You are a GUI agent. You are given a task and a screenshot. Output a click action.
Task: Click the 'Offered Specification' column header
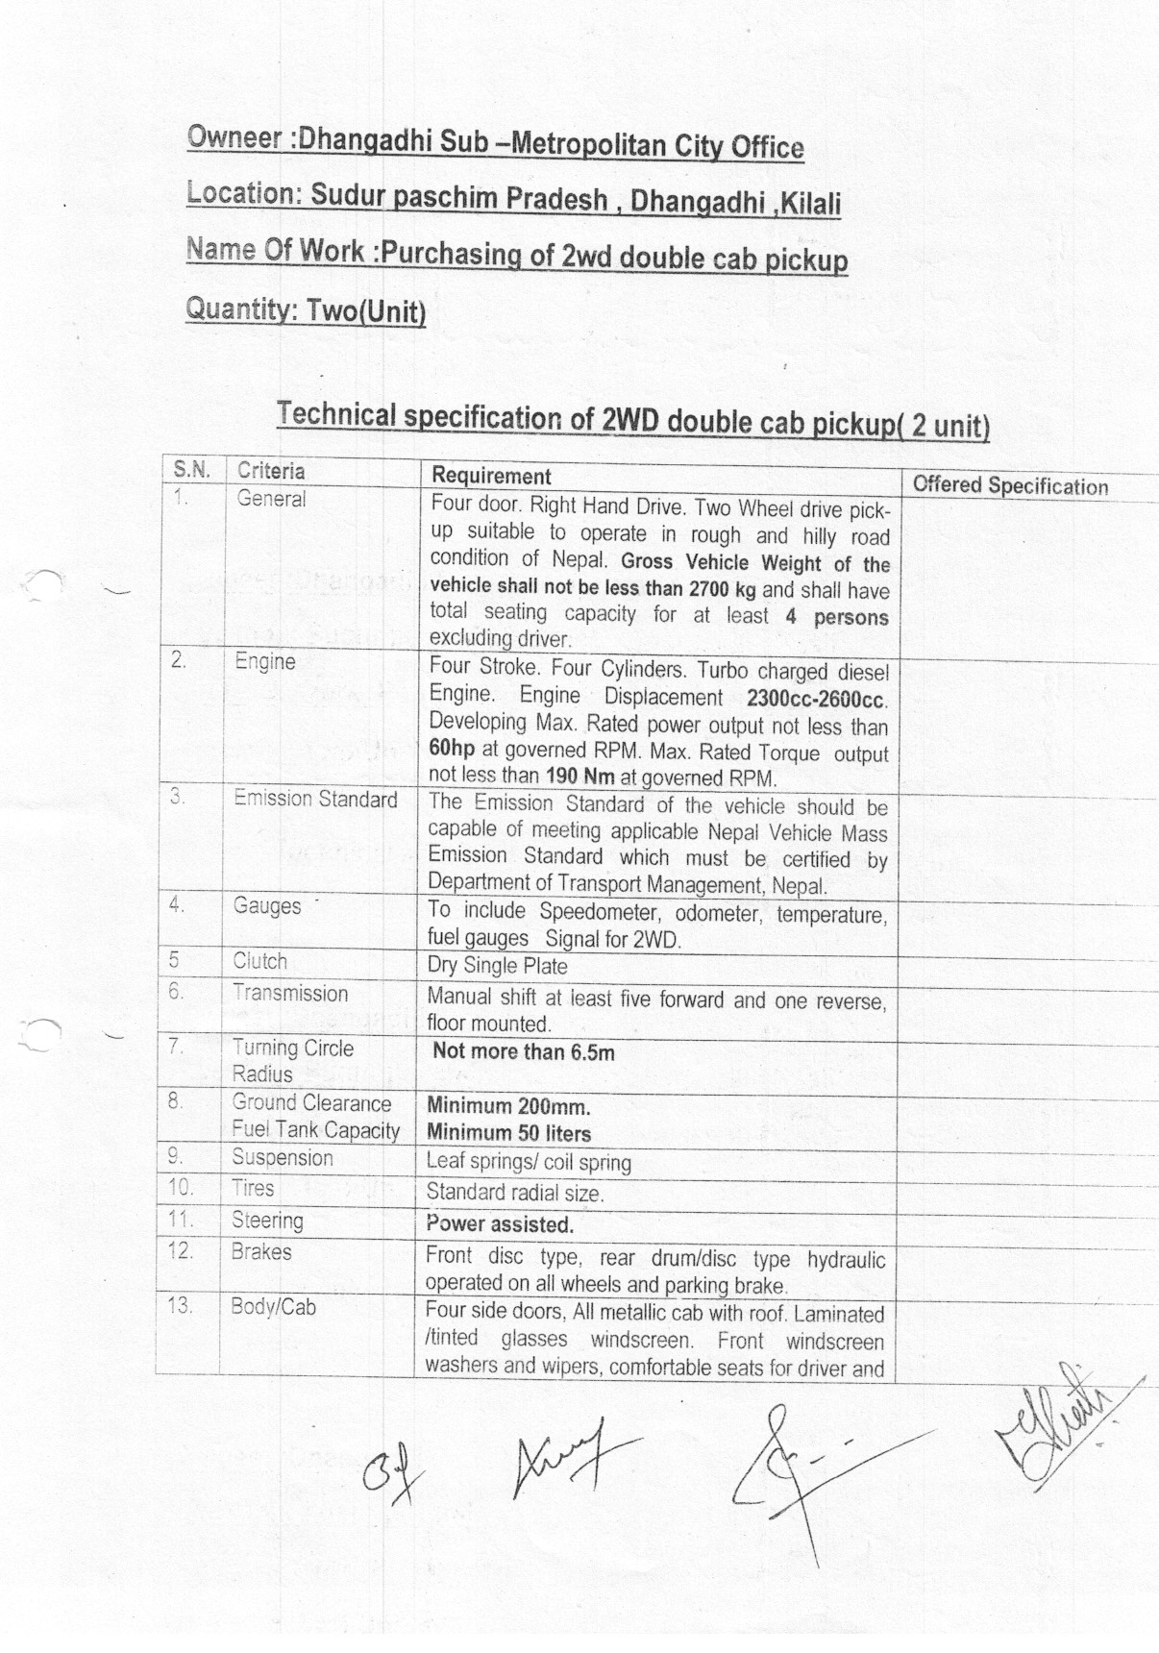[x=1009, y=485]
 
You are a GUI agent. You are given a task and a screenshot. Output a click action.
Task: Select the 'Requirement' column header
[x=491, y=476]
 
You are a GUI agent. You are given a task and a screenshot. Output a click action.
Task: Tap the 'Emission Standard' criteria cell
[x=315, y=800]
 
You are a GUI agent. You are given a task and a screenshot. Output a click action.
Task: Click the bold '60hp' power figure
[x=452, y=750]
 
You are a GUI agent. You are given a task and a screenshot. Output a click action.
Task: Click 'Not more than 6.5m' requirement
[x=523, y=1051]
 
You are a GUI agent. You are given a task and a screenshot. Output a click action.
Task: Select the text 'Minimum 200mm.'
[x=508, y=1106]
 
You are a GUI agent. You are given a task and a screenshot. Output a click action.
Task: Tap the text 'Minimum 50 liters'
[x=508, y=1133]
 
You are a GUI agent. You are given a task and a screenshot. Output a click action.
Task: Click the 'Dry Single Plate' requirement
[x=497, y=966]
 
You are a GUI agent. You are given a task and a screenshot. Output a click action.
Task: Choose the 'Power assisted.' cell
[x=500, y=1224]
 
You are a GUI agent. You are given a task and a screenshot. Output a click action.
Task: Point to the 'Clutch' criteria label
[x=259, y=961]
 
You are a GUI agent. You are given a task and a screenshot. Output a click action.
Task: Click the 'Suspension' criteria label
[x=282, y=1158]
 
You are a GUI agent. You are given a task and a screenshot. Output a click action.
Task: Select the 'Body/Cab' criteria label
[x=273, y=1307]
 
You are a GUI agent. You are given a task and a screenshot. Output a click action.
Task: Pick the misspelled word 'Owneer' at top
[x=234, y=136]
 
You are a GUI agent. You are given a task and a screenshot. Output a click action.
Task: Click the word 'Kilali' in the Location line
[x=812, y=204]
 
